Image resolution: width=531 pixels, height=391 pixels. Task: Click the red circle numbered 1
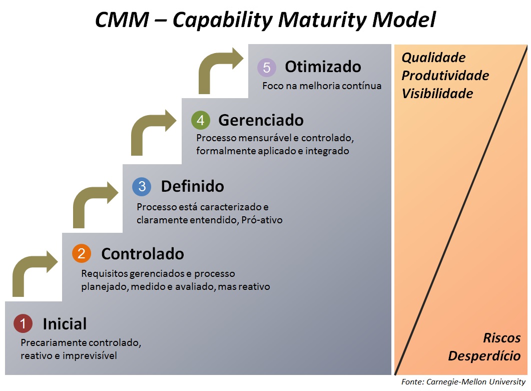tap(23, 323)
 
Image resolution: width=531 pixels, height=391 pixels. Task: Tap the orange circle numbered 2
tap(82, 254)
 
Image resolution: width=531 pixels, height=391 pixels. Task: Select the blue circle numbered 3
tap(142, 187)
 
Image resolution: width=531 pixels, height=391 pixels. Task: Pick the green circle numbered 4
tap(200, 120)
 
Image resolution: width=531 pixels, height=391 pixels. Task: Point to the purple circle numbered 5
tap(267, 67)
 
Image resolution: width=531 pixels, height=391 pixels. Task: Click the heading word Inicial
tap(65, 324)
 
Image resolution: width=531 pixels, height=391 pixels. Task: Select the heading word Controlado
tap(143, 254)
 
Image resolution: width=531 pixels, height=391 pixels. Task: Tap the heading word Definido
tap(192, 187)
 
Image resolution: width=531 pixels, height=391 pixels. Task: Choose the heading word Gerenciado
tap(261, 120)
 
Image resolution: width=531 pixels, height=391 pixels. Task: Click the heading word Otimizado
tap(323, 67)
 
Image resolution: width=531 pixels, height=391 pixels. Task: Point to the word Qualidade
tap(433, 58)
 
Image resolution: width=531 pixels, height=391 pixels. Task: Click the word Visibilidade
tap(437, 94)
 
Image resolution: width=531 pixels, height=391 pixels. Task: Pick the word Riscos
tap(501, 338)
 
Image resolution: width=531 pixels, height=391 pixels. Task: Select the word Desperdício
tap(484, 356)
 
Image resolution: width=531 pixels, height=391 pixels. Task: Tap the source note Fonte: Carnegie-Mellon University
tap(463, 382)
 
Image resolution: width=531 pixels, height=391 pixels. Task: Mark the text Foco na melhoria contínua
tap(322, 86)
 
